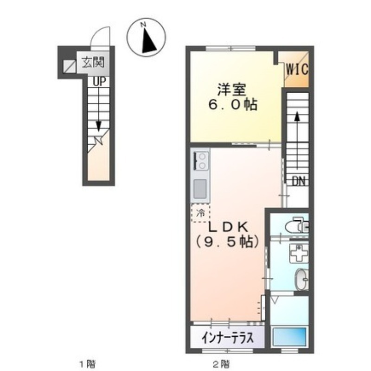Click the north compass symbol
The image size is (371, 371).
click(x=146, y=38)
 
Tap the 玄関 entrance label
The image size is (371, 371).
click(x=93, y=63)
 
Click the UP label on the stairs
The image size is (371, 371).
click(x=99, y=82)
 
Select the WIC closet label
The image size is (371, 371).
click(x=297, y=69)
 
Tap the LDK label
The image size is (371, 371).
click(x=228, y=228)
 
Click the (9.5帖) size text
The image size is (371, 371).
click(x=227, y=242)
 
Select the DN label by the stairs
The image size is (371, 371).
click(x=298, y=181)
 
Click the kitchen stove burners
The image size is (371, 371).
click(x=202, y=161)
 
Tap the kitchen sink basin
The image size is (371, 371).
click(x=200, y=189)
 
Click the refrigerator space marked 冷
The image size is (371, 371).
click(x=200, y=213)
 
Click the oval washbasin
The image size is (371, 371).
click(x=301, y=280)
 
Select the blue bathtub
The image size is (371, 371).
click(x=289, y=337)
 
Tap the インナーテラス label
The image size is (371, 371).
click(x=228, y=338)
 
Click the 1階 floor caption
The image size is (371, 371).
click(x=88, y=364)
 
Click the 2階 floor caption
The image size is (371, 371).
click(x=221, y=364)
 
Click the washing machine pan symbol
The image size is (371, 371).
click(x=299, y=254)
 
